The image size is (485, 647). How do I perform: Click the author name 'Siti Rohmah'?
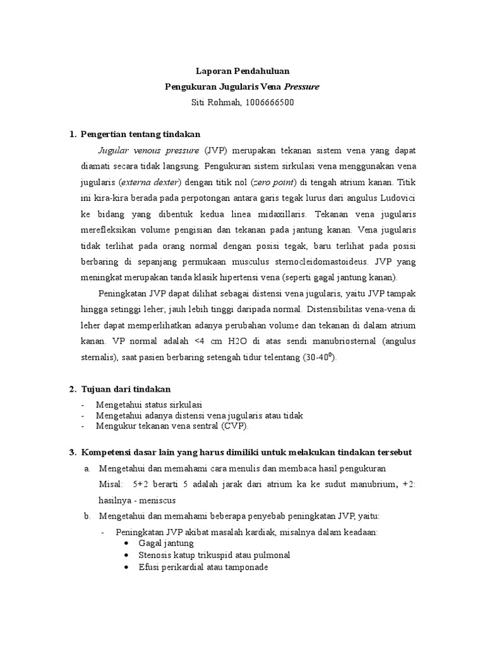[215, 102]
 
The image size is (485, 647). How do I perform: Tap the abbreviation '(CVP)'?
[235, 426]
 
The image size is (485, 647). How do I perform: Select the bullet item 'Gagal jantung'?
[166, 543]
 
